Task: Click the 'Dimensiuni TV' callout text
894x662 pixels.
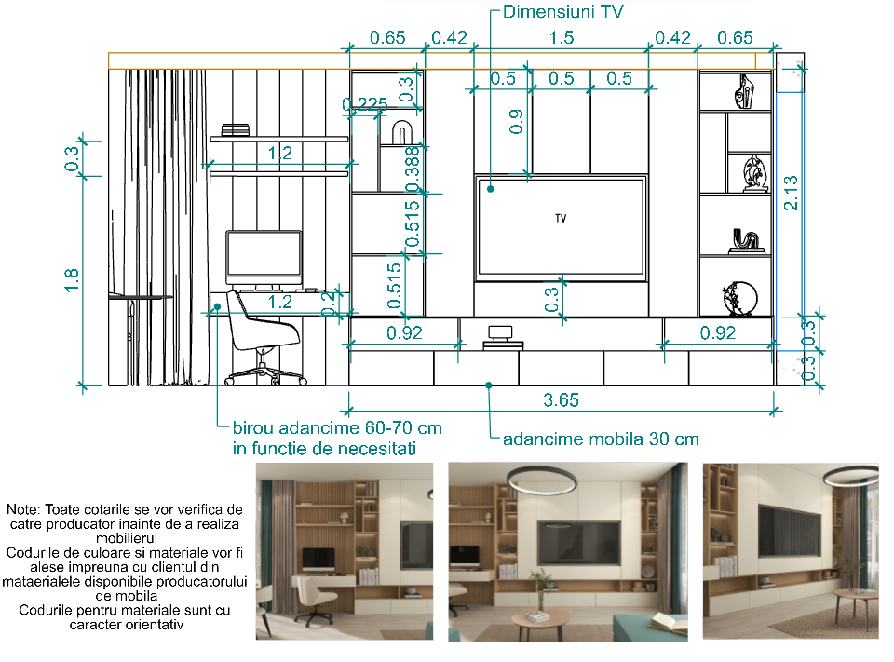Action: (562, 12)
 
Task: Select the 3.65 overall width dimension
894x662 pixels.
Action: (561, 400)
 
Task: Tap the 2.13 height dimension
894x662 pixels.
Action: (791, 193)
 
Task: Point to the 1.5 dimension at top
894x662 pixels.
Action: (561, 37)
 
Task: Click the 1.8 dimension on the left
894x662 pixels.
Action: (72, 280)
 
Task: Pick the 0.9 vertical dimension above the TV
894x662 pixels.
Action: (516, 121)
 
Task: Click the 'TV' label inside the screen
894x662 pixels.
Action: (561, 219)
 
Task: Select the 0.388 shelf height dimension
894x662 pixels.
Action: (413, 169)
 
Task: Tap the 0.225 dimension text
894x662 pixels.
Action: (365, 104)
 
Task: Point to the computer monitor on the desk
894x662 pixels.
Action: (264, 258)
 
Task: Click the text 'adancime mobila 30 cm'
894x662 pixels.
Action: (601, 439)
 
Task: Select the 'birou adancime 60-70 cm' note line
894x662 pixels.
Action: (337, 428)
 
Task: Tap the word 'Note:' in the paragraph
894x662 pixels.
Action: (23, 509)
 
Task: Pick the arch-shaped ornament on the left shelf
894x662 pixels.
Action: (401, 133)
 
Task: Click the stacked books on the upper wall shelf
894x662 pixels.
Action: (235, 130)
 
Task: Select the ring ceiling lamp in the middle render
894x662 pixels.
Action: (541, 480)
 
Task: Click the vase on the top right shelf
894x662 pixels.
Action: (744, 91)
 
